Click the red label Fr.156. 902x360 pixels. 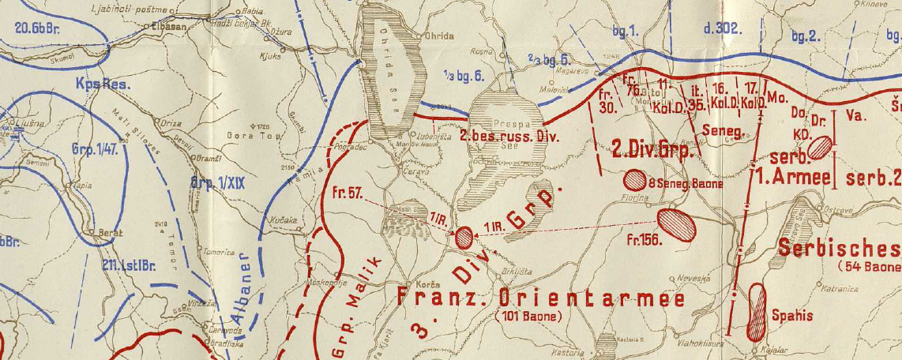point(645,240)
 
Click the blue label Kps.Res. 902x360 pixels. point(103,83)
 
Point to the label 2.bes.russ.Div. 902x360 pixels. point(510,137)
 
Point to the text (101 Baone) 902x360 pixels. point(528,317)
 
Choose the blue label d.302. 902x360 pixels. point(721,29)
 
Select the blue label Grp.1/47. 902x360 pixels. point(94,148)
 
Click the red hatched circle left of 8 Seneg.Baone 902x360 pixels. point(634,179)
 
